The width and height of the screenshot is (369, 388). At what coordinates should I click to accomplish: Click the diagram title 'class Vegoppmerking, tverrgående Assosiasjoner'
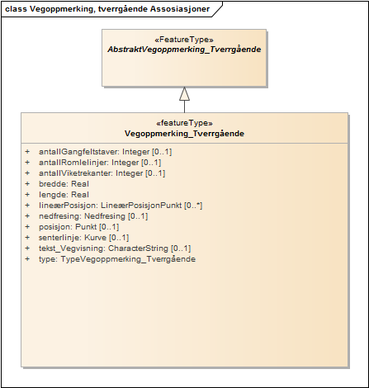pyautogui.click(x=106, y=10)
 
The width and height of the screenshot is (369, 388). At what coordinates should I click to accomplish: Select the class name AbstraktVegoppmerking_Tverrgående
pyautogui.click(x=184, y=50)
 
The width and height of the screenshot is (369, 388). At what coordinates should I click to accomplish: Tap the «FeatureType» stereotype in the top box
pyautogui.click(x=184, y=39)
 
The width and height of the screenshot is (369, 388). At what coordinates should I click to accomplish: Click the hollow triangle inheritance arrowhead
pyautogui.click(x=184, y=92)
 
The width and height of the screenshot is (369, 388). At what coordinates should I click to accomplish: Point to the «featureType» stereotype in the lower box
pyautogui.click(x=184, y=121)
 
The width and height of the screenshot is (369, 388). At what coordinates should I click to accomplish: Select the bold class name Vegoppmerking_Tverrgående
pyautogui.click(x=184, y=132)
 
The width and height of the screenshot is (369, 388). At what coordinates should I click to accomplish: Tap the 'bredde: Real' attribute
pyautogui.click(x=63, y=184)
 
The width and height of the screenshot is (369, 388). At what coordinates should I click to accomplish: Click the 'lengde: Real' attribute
pyautogui.click(x=63, y=195)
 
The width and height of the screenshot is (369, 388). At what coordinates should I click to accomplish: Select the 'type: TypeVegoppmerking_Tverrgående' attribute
pyautogui.click(x=117, y=259)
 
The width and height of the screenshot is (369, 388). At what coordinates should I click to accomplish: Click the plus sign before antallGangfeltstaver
pyautogui.click(x=27, y=152)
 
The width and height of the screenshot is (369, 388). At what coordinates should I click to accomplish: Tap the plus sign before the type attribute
pyautogui.click(x=27, y=259)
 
